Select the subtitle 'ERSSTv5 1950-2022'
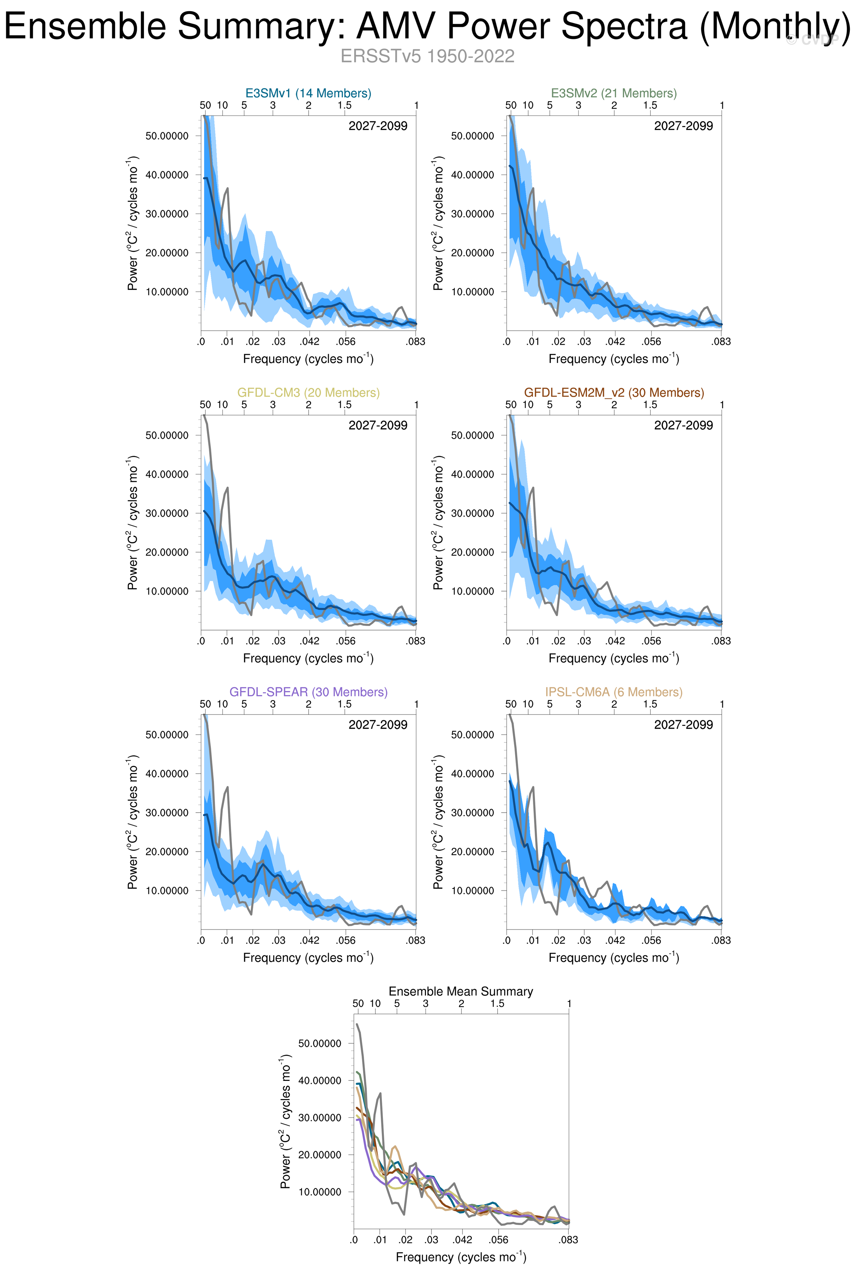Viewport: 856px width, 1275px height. [427, 56]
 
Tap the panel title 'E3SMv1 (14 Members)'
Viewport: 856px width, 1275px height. [308, 93]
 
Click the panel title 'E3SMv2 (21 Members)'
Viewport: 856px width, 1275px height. [614, 93]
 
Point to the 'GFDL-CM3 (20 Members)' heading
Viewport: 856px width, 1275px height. [308, 392]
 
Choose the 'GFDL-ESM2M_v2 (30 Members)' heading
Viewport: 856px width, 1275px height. [614, 392]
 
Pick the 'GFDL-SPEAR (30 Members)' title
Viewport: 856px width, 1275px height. [308, 692]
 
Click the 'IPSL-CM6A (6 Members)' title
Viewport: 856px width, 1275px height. [614, 692]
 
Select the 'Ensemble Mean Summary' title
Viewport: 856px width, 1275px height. [461, 991]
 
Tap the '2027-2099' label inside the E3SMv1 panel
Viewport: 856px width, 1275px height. [378, 126]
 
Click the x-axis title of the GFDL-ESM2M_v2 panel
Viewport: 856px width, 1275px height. [614, 658]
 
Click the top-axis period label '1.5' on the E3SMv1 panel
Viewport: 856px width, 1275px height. [345, 105]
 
